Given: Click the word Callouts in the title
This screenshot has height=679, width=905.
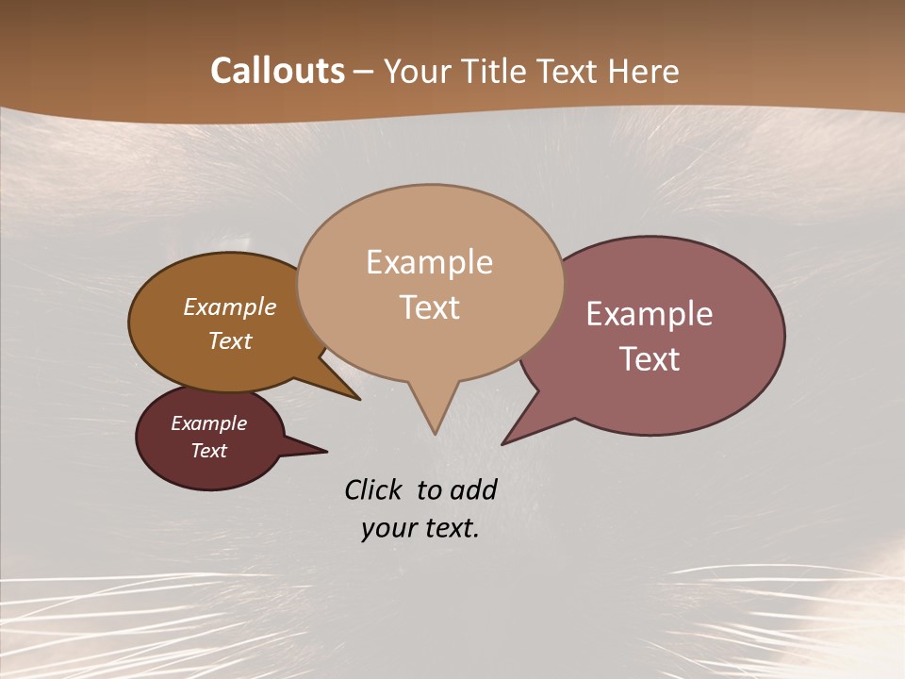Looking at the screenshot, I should click(277, 71).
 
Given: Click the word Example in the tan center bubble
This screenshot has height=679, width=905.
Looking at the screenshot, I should click(429, 262).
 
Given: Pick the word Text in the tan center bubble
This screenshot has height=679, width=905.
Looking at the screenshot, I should click(429, 307).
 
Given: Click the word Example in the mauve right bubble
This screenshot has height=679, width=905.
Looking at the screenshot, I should click(650, 314).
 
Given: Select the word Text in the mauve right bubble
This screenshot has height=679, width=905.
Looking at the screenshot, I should click(650, 359).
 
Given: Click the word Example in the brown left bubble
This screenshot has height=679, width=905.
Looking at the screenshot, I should click(230, 307).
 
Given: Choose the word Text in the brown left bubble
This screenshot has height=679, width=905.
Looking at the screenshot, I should click(230, 340).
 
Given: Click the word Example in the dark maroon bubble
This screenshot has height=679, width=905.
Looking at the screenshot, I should click(208, 423).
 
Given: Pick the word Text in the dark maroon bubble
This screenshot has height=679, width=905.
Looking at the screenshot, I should click(208, 451).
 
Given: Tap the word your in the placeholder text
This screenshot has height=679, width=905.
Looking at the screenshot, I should click(387, 528).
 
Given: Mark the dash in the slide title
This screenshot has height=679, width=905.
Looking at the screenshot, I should click(364, 72).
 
